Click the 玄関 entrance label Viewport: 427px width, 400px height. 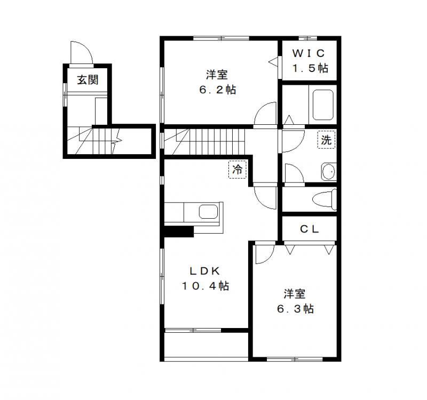tap(88, 80)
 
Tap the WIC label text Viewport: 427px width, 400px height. tap(309, 53)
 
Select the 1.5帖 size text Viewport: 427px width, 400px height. tap(310, 68)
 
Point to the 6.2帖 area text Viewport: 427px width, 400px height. tap(218, 90)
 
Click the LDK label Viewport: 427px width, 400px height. tap(205, 271)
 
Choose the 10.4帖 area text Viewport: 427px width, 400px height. tap(205, 286)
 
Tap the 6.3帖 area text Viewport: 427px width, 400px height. tap(295, 309)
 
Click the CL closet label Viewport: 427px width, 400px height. tap(309, 229)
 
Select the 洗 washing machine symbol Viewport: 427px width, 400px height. tap(326, 140)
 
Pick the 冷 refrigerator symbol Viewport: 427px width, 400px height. tap(237, 170)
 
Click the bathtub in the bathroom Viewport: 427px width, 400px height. tap(323, 105)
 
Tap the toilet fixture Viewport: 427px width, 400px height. tap(325, 200)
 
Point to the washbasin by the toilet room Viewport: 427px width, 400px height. tap(329, 172)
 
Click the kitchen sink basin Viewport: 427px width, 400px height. tap(208, 212)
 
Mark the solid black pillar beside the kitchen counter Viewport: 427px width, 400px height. tap(179, 232)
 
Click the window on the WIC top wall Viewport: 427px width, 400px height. tap(308, 38)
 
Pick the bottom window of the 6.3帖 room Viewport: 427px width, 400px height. tap(295, 359)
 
